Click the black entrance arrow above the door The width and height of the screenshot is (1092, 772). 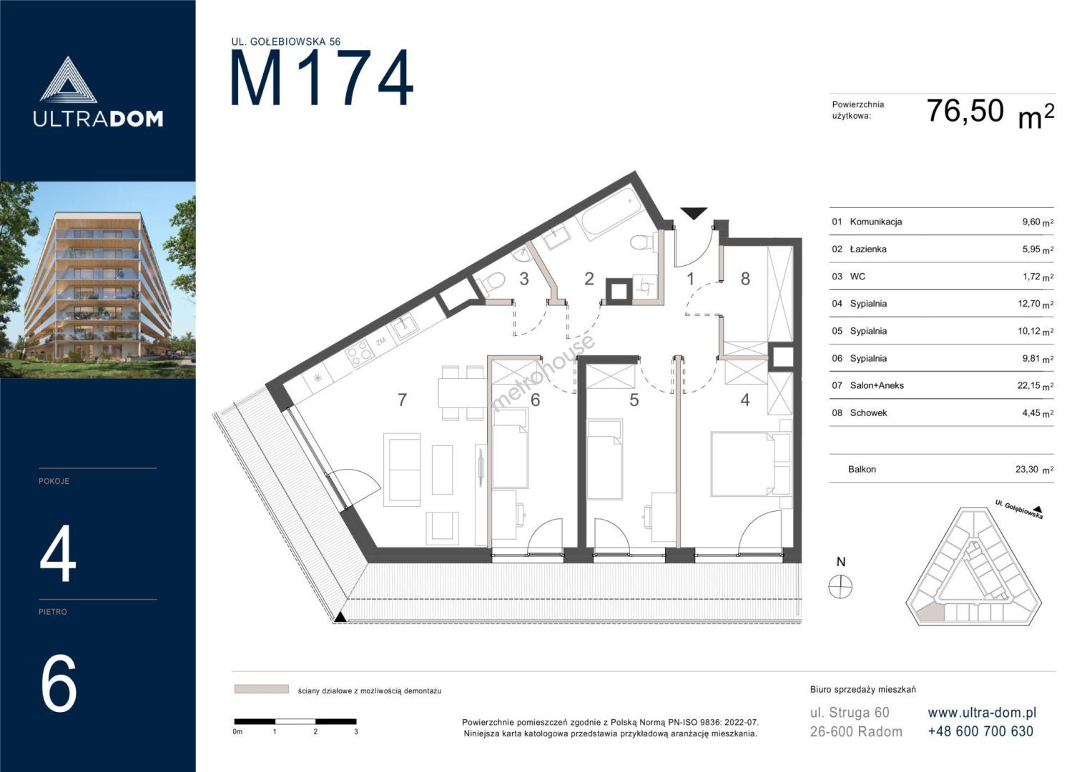tap(694, 213)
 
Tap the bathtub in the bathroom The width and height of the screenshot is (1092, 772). tap(609, 214)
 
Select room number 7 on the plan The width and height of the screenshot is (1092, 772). tap(402, 400)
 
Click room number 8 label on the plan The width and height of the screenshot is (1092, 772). tap(745, 279)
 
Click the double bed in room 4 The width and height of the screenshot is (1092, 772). tap(744, 463)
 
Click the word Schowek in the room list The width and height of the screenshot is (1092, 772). tap(868, 413)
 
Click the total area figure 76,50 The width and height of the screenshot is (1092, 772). tap(965, 110)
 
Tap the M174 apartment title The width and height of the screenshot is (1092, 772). tap(323, 78)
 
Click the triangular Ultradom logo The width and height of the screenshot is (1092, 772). tap(68, 79)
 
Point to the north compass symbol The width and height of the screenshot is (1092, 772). tap(840, 586)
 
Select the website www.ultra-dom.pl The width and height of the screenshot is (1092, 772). tap(982, 713)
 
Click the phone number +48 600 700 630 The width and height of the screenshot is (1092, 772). tap(980, 731)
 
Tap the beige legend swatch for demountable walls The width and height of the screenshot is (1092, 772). tap(261, 689)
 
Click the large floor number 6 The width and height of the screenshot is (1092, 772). tap(59, 683)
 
